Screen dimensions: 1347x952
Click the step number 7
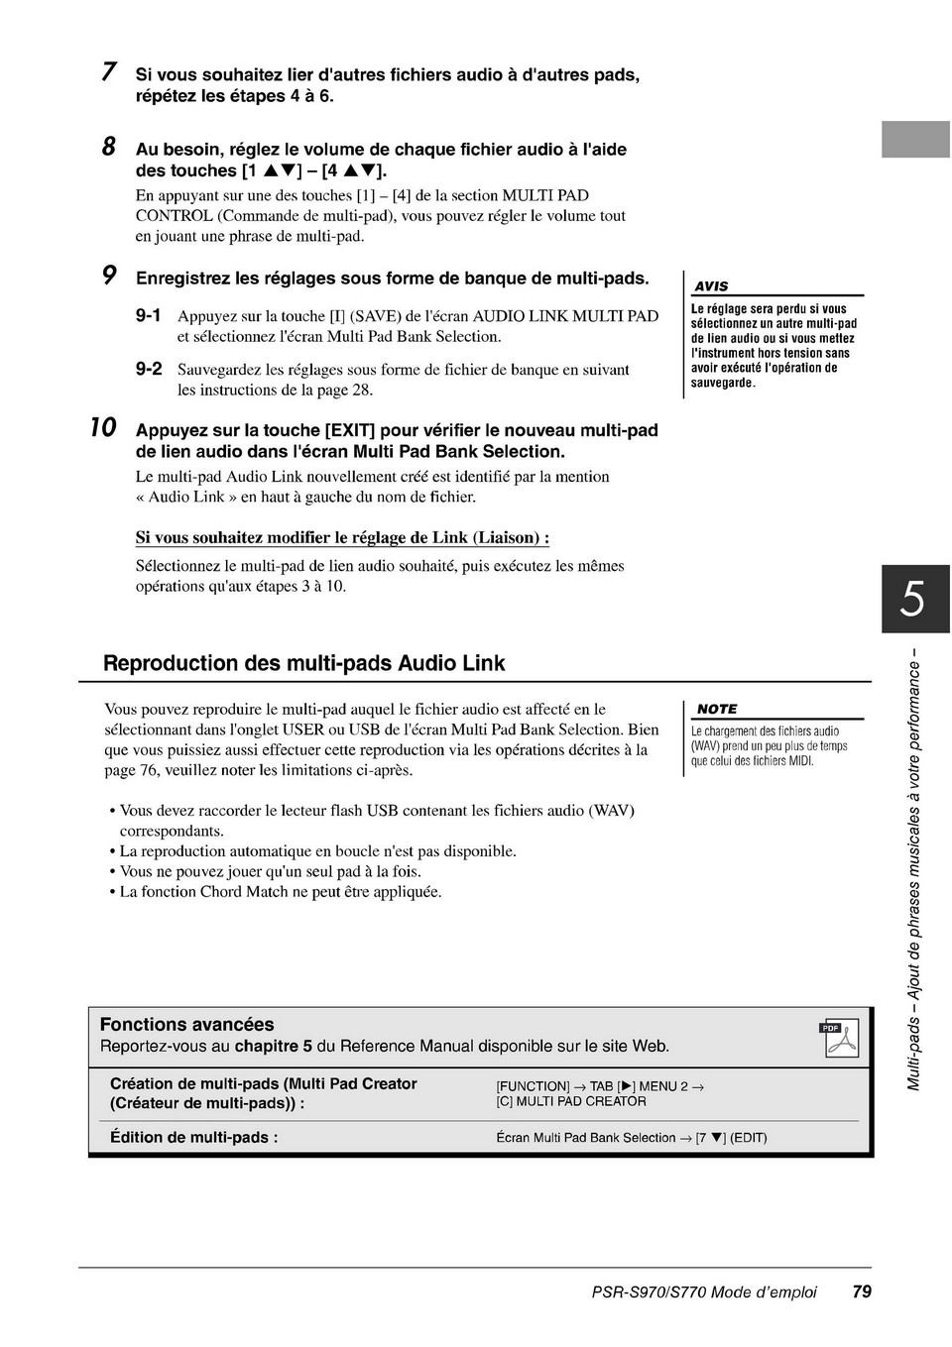tap(109, 71)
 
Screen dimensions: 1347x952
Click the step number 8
tap(109, 147)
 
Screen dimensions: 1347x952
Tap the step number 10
tap(103, 428)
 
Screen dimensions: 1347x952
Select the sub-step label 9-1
tap(148, 316)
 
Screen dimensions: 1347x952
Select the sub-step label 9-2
tap(148, 370)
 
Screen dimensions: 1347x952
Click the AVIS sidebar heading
tap(711, 286)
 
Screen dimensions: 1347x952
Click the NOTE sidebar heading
tap(717, 709)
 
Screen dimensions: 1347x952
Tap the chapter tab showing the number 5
tap(914, 599)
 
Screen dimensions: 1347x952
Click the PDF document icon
tap(840, 1038)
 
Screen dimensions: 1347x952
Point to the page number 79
tap(861, 1291)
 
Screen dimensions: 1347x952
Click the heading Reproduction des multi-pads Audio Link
tap(303, 663)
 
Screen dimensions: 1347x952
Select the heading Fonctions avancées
tap(186, 1025)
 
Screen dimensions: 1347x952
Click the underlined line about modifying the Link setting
tap(342, 538)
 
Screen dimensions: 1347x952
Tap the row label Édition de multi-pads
tap(194, 1138)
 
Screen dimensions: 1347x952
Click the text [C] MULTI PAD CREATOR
tap(571, 1101)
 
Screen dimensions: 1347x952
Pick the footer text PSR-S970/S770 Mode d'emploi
tap(704, 1292)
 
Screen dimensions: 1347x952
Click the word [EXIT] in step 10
tap(349, 430)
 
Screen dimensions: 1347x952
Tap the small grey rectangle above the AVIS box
tap(915, 140)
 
